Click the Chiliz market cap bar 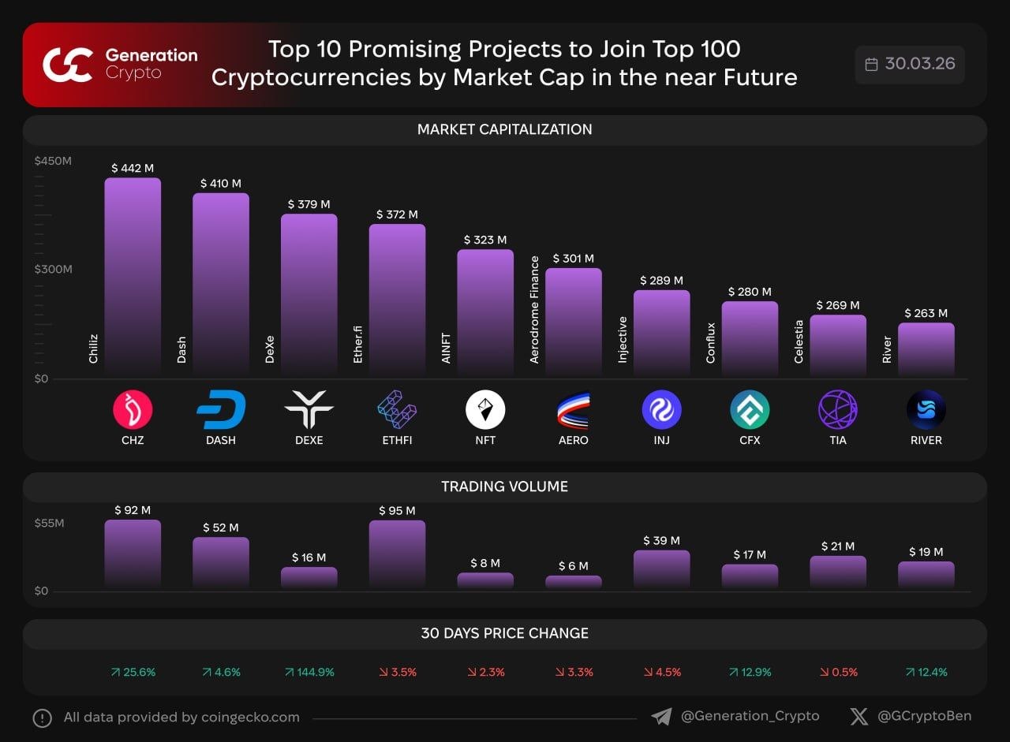pos(133,276)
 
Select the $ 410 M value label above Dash pos(220,184)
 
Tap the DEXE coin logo pos(309,410)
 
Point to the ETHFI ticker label pos(397,440)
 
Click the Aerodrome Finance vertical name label pos(534,310)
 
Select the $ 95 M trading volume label pos(397,511)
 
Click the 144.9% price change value pos(309,673)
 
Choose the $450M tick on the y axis pos(53,161)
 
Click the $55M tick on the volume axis pos(49,524)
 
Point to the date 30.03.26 pos(919,64)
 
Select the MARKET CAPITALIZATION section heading pos(504,129)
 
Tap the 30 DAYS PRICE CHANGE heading pos(504,633)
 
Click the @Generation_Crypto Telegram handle pos(750,716)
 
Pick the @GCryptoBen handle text pos(924,716)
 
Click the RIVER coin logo pos(926,410)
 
